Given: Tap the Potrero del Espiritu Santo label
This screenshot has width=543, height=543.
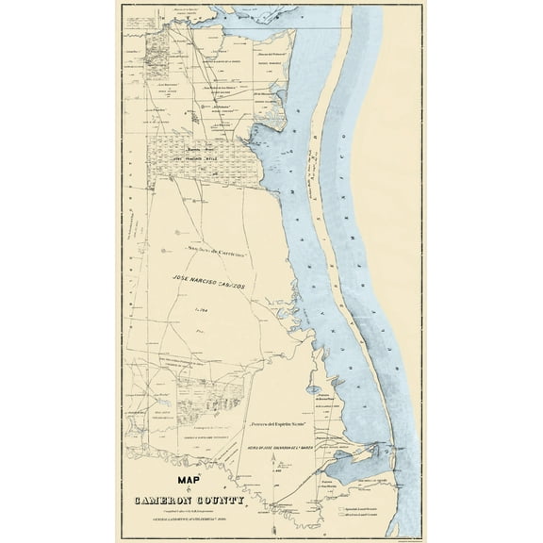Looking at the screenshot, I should pos(282,426).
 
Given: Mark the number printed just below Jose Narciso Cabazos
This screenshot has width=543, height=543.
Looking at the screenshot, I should pos(201,308).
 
